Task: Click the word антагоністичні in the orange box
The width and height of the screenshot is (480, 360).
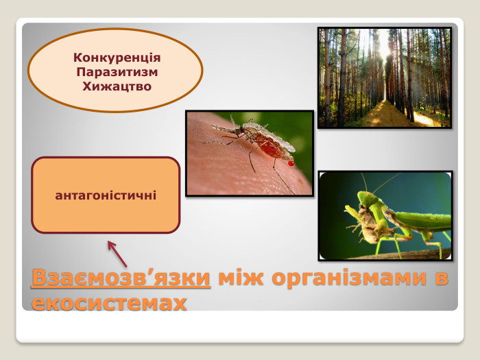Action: pyautogui.click(x=106, y=195)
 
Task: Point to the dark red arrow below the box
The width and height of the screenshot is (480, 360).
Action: pyautogui.click(x=117, y=253)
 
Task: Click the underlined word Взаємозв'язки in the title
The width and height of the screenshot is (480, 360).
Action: pyautogui.click(x=121, y=279)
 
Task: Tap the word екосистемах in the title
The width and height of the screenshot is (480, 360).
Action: pyautogui.click(x=109, y=302)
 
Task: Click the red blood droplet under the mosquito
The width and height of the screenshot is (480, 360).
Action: pyautogui.click(x=291, y=163)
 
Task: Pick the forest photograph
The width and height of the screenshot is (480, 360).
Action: pyautogui.click(x=384, y=77)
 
